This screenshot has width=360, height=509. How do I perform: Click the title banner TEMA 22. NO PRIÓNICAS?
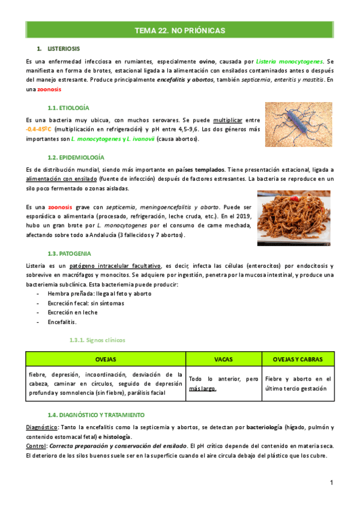click(179, 29)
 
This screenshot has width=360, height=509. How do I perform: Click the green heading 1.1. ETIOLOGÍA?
click(68, 107)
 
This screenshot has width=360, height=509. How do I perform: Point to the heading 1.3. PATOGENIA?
click(70, 253)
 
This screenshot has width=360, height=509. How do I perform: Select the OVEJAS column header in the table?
click(106, 359)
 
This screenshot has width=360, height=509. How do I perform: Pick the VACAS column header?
click(224, 359)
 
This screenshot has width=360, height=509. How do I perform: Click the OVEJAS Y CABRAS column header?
click(297, 359)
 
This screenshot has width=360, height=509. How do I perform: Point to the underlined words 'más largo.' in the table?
click(202, 388)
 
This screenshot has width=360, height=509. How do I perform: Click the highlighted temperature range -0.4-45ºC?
click(40, 129)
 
